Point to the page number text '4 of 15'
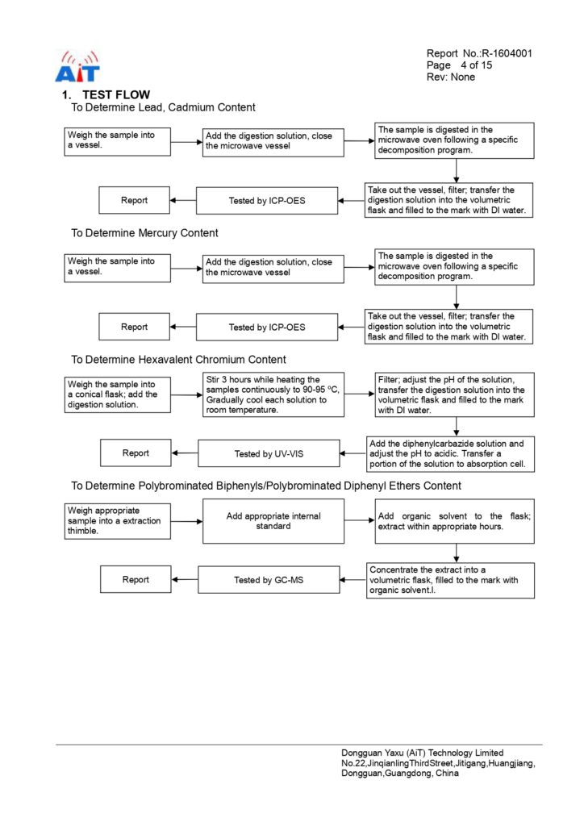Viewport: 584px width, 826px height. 476,65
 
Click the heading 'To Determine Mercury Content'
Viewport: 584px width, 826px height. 144,233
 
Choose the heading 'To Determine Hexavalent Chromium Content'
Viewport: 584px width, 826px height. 178,359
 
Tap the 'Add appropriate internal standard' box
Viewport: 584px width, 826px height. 273,521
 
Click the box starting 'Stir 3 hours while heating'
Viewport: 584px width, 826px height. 273,394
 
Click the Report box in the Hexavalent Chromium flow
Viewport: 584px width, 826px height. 136,453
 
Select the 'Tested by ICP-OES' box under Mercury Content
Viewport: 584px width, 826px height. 267,327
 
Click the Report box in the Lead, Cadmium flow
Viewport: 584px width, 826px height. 134,201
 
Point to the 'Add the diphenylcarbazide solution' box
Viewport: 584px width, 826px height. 452,455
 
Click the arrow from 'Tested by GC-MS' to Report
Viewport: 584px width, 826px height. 185,580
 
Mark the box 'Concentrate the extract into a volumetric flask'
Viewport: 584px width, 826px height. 450,580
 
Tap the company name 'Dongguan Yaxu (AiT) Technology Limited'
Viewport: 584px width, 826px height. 422,753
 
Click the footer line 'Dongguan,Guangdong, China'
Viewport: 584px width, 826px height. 400,774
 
